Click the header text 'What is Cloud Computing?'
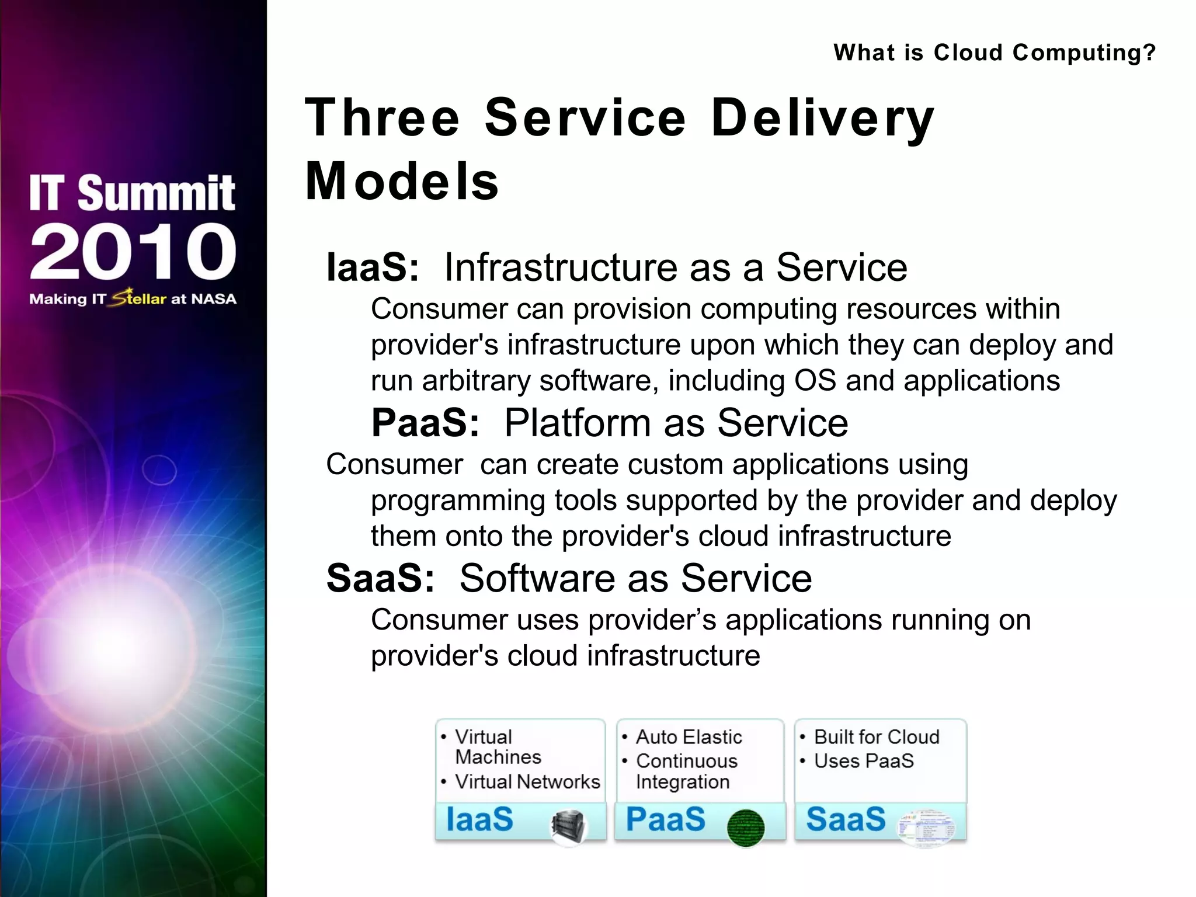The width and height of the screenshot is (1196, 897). tap(994, 53)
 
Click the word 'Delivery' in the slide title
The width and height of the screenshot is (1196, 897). tap(822, 119)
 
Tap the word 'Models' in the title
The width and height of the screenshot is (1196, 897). tap(402, 182)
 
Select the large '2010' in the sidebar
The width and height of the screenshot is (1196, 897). tap(133, 252)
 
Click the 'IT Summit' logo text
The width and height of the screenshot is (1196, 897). tap(133, 193)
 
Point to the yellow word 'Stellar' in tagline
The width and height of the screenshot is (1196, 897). tap(139, 298)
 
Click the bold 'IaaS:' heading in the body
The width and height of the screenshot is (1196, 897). tap(373, 267)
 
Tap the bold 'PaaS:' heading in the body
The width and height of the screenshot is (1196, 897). tap(425, 423)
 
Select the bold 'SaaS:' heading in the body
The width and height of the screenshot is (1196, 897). tap(380, 578)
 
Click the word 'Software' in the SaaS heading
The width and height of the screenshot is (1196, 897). tap(538, 578)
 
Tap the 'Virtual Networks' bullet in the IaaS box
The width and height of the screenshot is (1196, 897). tap(527, 781)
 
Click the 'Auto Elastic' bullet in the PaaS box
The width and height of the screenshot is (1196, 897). tap(689, 737)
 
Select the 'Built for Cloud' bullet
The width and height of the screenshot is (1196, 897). tap(876, 737)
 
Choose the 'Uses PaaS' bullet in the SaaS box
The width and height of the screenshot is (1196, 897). tap(863, 761)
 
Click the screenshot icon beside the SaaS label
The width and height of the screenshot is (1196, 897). tap(926, 828)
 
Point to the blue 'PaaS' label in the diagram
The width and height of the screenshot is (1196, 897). tap(665, 819)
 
